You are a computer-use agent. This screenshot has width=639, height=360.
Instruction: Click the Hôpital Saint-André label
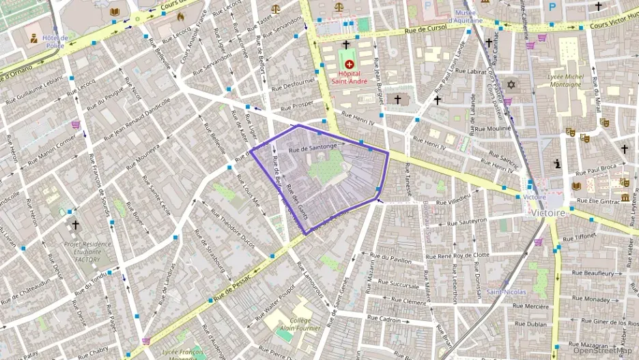[350, 77]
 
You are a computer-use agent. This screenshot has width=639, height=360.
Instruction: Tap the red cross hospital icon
[350, 64]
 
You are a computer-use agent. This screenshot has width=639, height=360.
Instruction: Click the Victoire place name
[547, 212]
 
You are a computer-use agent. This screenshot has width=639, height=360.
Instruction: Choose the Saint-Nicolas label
[507, 292]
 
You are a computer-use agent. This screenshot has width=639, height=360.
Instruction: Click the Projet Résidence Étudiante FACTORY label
[82, 251]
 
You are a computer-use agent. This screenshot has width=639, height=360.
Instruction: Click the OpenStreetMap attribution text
[603, 350]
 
